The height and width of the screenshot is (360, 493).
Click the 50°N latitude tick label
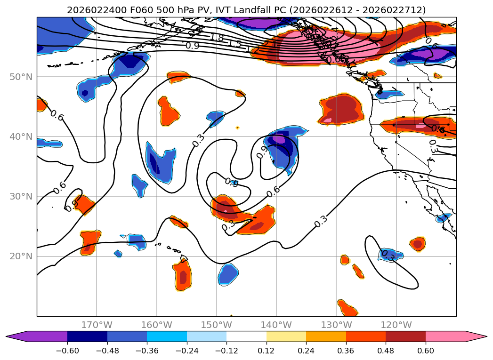21,77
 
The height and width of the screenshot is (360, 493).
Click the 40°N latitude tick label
21,136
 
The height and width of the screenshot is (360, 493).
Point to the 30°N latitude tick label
21,196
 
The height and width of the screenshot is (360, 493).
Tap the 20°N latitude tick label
21,256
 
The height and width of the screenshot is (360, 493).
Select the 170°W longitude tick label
97,325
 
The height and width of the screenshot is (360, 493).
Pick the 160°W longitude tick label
156,325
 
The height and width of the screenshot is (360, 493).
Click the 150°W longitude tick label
216,325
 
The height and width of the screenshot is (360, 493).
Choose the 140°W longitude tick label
276,325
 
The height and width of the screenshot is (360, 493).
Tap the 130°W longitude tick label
336,325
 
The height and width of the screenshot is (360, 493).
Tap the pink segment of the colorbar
450,336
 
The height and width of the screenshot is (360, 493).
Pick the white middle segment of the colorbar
246,336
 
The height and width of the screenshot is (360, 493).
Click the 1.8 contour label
217,38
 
